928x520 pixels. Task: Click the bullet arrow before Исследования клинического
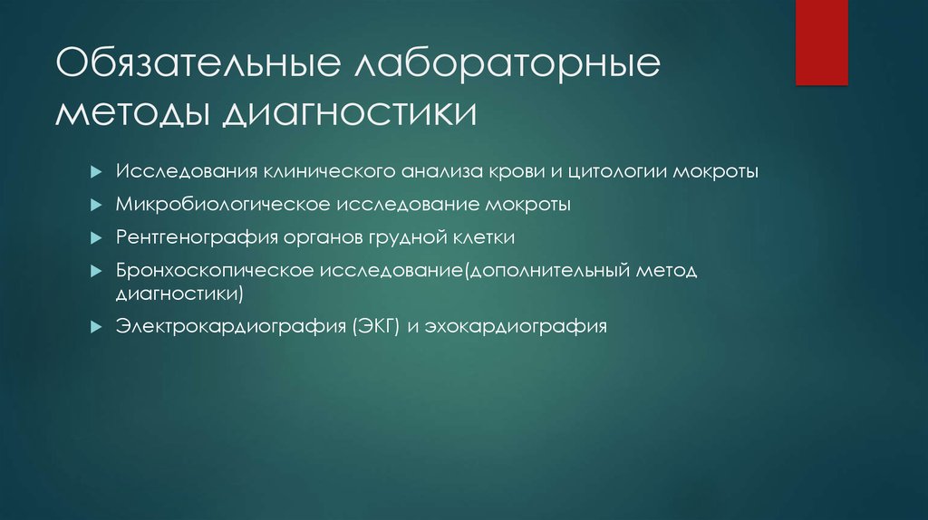point(95,172)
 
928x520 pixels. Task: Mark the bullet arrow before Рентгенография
point(95,238)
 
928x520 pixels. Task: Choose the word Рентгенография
point(187,238)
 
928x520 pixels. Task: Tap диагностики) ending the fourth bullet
point(179,294)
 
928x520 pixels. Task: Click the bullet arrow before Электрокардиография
point(95,327)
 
